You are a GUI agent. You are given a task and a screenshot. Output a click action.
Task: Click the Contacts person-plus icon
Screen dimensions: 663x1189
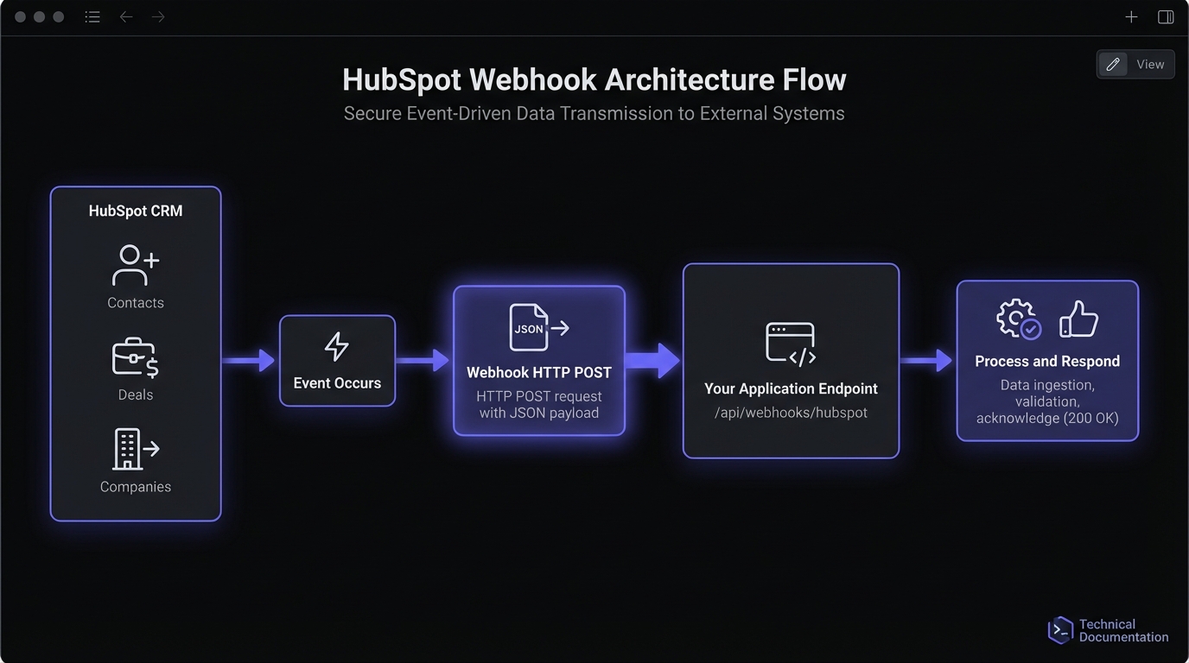point(135,266)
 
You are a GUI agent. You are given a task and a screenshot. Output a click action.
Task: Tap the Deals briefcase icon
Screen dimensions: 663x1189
point(135,358)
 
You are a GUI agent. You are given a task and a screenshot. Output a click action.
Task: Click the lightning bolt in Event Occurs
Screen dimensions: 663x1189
point(336,346)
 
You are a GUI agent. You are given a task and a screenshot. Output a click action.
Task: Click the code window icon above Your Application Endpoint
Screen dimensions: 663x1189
point(791,344)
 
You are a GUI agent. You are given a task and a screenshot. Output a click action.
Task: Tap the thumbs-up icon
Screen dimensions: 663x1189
point(1078,319)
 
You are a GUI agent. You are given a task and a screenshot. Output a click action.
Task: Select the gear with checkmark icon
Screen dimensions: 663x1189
point(1018,319)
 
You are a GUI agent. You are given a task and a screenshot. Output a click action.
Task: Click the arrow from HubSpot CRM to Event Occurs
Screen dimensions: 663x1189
point(249,360)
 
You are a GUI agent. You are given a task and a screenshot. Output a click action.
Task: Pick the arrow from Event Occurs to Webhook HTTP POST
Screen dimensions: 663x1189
point(423,360)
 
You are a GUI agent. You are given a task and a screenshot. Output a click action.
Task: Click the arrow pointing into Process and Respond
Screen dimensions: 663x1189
point(926,360)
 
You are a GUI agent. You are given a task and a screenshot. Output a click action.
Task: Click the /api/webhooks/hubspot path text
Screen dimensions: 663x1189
point(791,413)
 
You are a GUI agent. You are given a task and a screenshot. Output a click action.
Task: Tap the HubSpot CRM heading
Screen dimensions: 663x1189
point(136,211)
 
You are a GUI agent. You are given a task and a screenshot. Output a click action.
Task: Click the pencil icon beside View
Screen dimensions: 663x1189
point(1113,64)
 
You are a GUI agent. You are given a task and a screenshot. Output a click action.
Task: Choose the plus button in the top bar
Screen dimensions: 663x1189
point(1131,16)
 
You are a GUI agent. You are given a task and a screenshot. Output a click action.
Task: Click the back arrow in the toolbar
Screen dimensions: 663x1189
point(126,16)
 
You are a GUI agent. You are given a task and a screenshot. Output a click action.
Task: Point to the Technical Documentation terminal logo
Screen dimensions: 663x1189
point(1059,630)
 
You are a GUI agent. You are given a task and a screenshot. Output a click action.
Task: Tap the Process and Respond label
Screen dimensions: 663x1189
point(1047,361)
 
